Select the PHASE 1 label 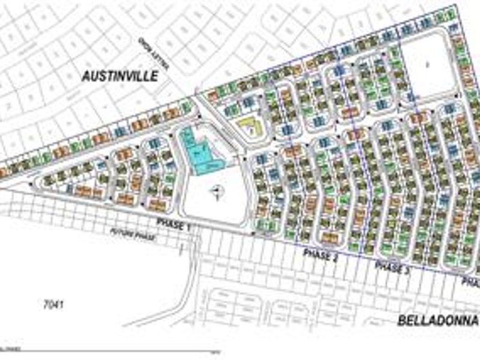tap(173, 223)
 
